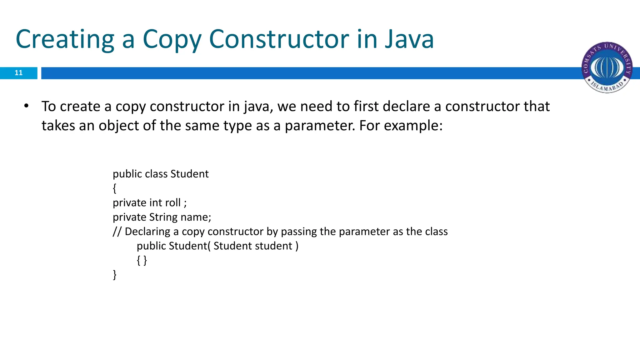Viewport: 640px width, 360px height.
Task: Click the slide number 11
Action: pos(19,73)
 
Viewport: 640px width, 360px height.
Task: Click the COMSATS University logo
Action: pos(607,67)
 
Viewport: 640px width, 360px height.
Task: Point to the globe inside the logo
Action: pos(607,67)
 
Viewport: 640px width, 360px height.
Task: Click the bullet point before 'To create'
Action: pos(26,106)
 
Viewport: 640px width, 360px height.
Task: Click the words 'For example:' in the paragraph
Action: pos(401,126)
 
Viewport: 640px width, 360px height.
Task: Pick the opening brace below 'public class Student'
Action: pos(115,188)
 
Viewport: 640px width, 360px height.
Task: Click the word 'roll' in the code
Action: pos(173,203)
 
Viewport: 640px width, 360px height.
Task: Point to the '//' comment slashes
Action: pos(117,232)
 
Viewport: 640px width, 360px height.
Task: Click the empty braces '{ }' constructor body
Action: pos(142,260)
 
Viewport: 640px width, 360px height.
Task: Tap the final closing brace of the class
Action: pos(115,275)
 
